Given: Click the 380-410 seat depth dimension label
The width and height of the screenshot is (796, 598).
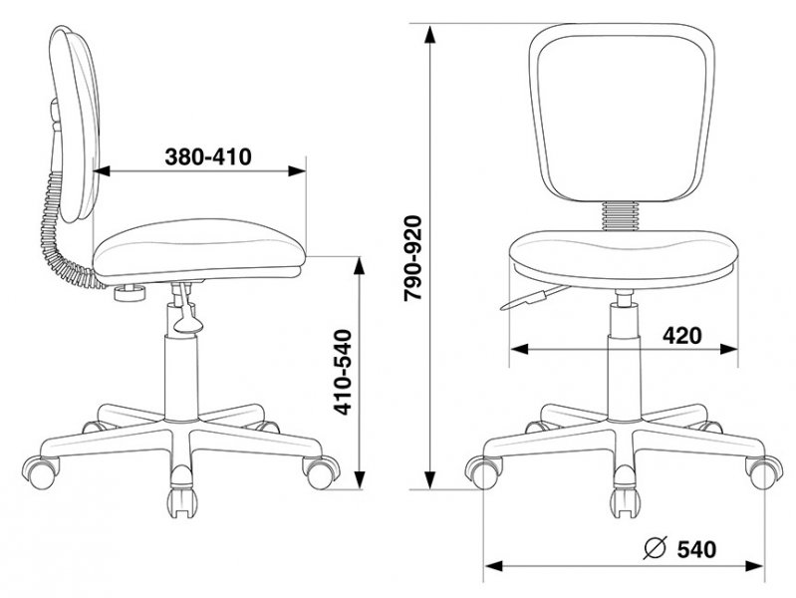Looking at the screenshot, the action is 208,157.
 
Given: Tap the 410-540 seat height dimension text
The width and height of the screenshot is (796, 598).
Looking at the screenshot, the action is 344,373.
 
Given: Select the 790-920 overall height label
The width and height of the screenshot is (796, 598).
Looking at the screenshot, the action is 412,258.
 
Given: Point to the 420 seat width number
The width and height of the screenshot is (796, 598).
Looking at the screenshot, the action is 682,335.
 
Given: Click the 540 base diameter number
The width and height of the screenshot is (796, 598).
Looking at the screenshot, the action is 696,549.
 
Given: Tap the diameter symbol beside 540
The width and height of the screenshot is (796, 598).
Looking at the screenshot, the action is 655,548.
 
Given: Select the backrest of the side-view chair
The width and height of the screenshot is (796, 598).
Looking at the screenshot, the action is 75,125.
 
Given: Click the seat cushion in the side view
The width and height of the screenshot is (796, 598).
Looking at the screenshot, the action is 199,250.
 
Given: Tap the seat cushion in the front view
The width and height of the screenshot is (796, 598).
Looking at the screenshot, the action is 624,259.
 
